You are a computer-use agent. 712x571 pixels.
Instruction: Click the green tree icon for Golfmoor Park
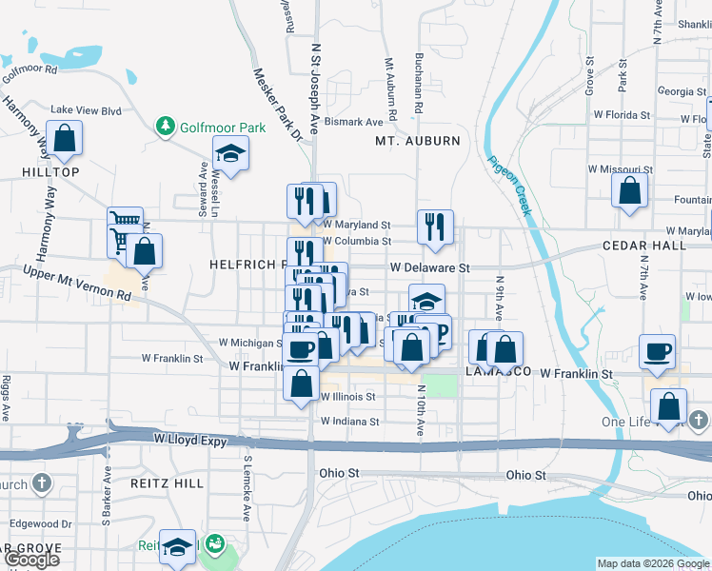click(167, 126)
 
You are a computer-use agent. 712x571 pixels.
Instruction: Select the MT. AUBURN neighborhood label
click(417, 141)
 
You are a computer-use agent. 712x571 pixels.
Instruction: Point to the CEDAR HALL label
click(644, 245)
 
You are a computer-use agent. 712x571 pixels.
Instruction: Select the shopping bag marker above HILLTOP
click(64, 139)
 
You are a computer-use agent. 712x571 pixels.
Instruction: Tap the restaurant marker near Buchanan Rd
click(435, 227)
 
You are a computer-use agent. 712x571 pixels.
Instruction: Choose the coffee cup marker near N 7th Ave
click(657, 351)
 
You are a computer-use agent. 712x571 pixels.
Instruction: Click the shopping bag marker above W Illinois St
click(302, 384)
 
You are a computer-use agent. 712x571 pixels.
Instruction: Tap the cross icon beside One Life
click(698, 420)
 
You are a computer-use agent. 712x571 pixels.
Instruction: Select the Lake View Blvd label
click(86, 110)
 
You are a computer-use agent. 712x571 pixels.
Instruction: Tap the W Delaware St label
click(428, 268)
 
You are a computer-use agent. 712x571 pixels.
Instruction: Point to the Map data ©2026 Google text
click(653, 563)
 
